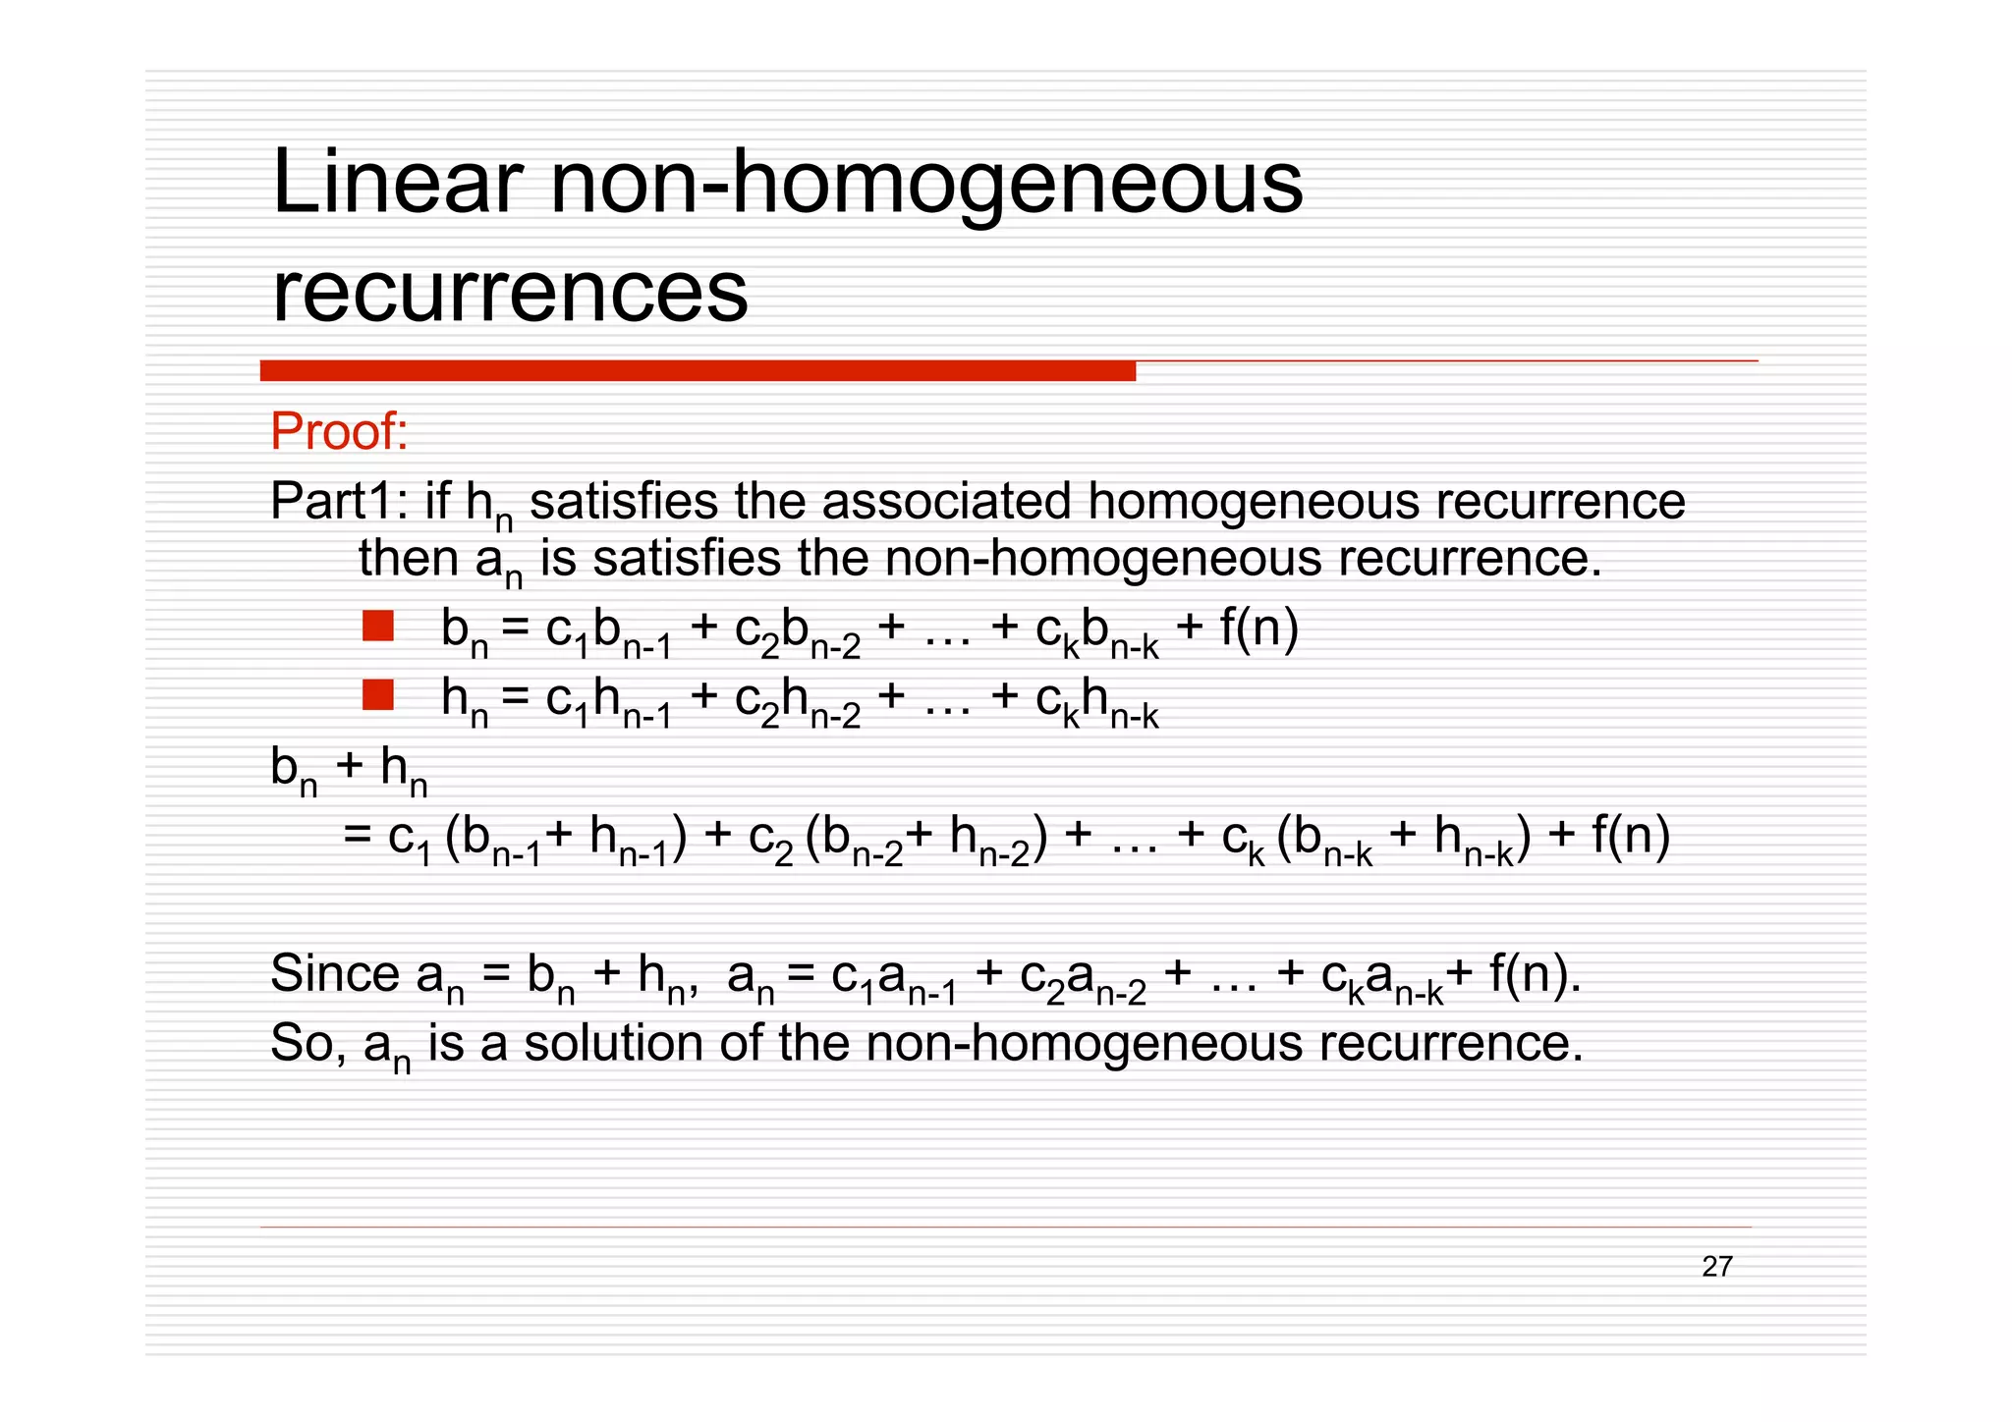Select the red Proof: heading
(339, 431)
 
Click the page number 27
(1716, 1267)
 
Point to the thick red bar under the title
(698, 371)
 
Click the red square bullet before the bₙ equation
(378, 627)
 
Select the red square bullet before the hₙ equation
(378, 695)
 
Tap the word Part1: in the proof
(338, 501)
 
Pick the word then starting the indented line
(408, 558)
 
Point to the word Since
(335, 973)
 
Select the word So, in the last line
(307, 1042)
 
